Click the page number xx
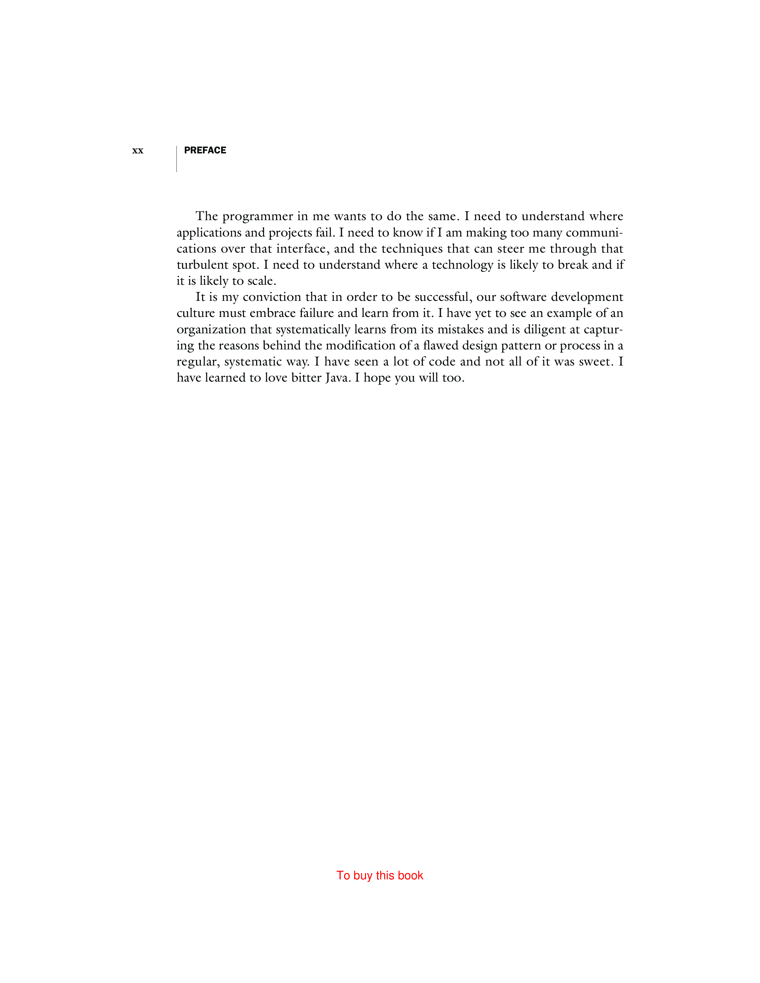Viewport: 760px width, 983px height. [137, 151]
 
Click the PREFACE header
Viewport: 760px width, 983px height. [205, 150]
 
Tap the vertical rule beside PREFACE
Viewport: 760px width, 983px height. [176, 158]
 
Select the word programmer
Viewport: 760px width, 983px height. [258, 217]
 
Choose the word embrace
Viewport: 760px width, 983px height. [272, 313]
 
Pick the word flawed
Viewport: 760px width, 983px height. [440, 346]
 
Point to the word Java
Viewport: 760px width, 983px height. [337, 378]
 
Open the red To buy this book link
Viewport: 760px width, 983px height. [379, 875]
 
